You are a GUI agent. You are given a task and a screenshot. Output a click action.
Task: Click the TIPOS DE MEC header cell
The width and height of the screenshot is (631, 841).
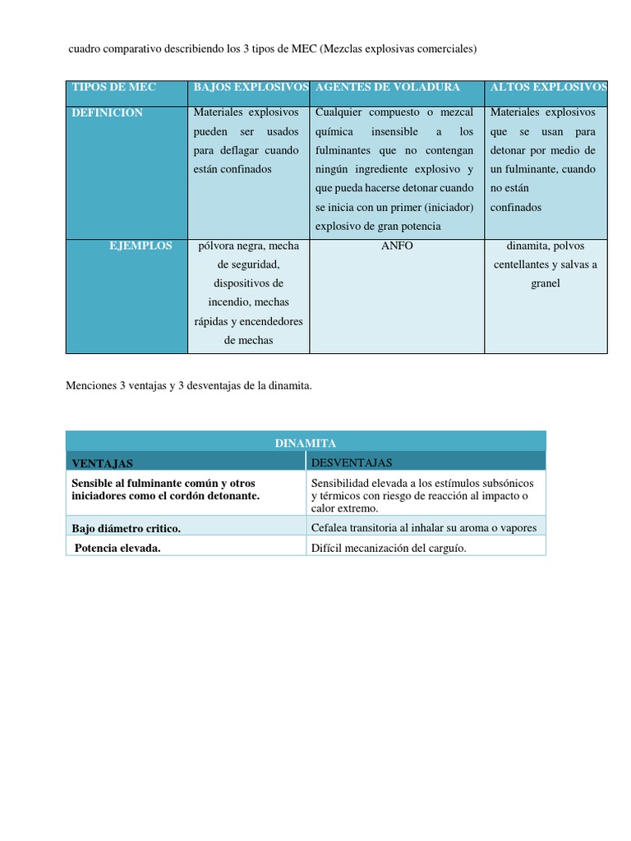coord(113,87)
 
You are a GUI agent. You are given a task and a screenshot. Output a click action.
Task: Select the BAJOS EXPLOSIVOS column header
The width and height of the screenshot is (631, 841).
coord(251,87)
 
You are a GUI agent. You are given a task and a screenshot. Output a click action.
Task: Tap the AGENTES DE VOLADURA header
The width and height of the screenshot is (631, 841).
coord(388,87)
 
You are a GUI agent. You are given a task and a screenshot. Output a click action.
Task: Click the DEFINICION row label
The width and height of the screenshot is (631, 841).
coord(108,113)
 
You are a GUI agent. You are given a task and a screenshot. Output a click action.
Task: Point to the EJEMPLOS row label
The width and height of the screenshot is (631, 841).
coord(140,246)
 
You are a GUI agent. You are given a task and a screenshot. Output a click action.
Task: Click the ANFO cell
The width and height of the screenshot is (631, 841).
coord(398,246)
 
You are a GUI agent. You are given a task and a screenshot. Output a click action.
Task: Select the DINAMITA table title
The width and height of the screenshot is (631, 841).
coord(306,443)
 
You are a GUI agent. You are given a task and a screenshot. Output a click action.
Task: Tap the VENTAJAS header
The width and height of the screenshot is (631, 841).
coord(103,463)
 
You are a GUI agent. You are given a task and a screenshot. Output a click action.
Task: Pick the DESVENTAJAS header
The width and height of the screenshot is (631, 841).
coord(352,463)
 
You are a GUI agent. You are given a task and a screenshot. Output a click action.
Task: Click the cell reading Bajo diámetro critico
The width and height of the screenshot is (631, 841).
coord(127,528)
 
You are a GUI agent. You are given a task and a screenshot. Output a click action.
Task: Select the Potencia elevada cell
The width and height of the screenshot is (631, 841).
coord(117,549)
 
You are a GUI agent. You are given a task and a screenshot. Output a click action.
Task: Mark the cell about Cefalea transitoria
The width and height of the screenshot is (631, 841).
coord(424,528)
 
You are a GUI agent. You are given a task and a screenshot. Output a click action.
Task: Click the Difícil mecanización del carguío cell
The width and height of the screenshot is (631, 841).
coord(389,549)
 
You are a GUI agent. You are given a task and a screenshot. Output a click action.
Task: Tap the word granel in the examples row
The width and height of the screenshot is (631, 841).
coord(546,283)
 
